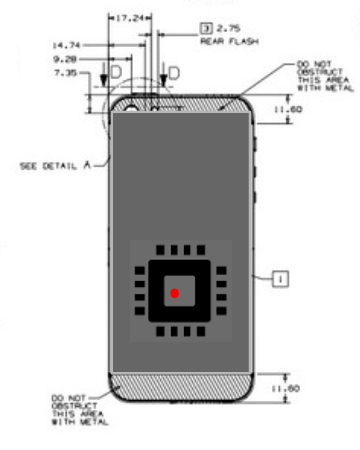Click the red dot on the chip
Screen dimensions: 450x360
(175, 293)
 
